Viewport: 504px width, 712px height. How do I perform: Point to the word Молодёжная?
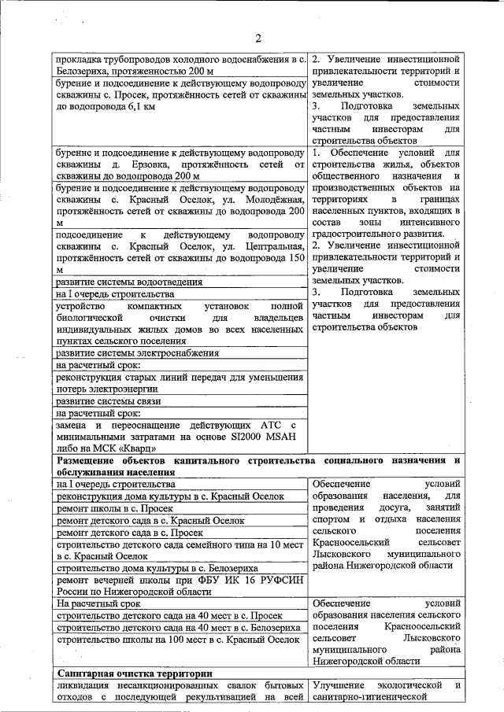pyautogui.click(x=269, y=200)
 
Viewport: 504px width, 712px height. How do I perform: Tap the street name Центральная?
pyautogui.click(x=269, y=246)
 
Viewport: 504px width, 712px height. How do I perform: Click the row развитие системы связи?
pyautogui.click(x=109, y=400)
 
